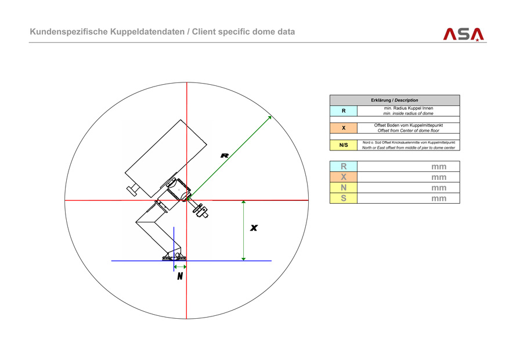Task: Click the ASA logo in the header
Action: click(x=463, y=34)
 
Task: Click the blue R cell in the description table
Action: click(x=344, y=111)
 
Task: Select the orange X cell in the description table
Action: click(x=344, y=128)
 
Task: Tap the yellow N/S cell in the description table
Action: click(x=344, y=145)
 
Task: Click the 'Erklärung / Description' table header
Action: click(x=394, y=100)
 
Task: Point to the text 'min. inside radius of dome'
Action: click(x=408, y=114)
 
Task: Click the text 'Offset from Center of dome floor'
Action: click(x=408, y=131)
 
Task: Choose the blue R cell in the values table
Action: click(x=344, y=167)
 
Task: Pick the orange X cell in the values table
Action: click(x=344, y=177)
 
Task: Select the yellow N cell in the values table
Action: click(x=344, y=188)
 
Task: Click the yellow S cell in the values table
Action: click(x=344, y=198)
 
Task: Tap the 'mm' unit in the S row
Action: click(x=439, y=199)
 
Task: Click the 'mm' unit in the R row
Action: click(x=439, y=167)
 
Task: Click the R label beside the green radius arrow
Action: click(x=225, y=155)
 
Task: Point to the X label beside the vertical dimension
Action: click(x=254, y=228)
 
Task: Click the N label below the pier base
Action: click(x=180, y=276)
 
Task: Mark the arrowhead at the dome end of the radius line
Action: click(x=269, y=118)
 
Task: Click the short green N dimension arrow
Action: click(x=180, y=267)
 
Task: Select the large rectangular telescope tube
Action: click(x=167, y=157)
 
